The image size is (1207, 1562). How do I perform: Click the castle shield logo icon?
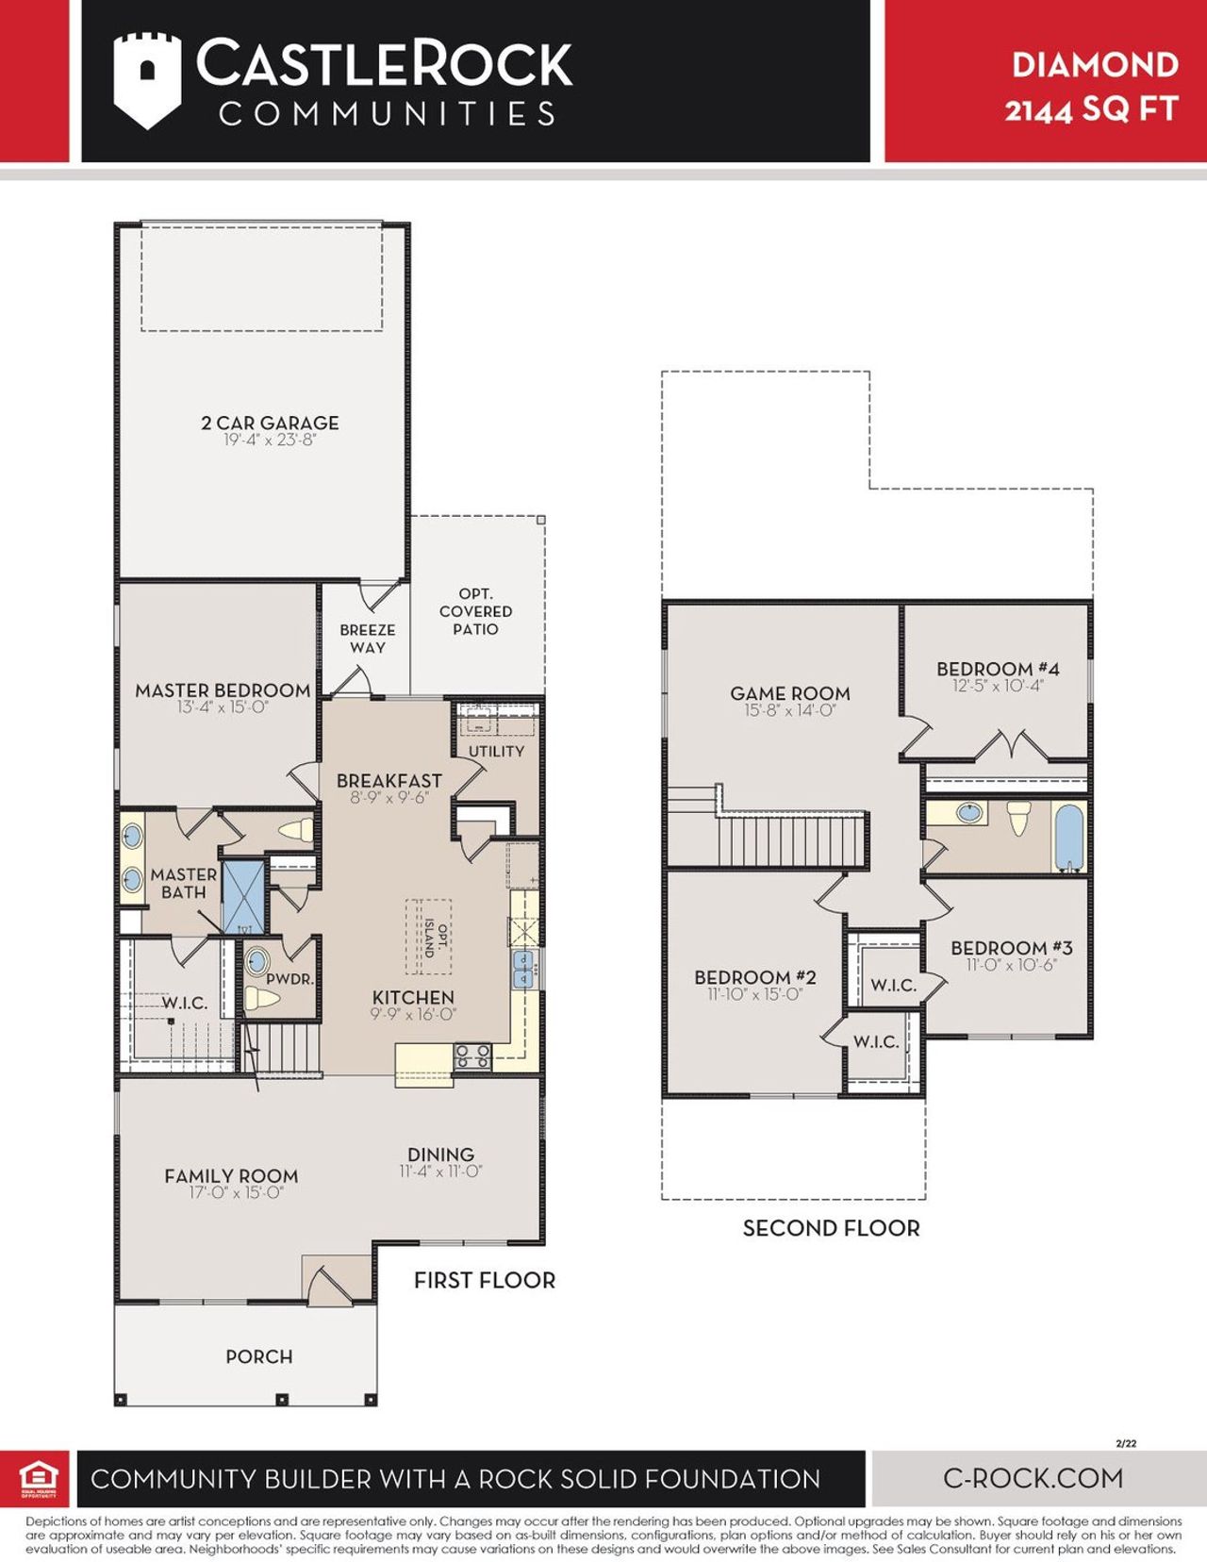(x=146, y=81)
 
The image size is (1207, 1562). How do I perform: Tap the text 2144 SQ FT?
(x=1091, y=109)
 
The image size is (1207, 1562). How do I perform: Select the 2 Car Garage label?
(x=270, y=423)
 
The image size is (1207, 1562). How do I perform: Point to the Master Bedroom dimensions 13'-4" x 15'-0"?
(x=223, y=707)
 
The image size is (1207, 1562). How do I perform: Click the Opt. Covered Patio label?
(x=475, y=611)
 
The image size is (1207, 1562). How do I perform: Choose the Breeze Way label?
(x=367, y=639)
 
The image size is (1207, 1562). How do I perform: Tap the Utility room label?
(x=496, y=751)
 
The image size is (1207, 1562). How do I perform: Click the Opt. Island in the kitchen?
(x=429, y=937)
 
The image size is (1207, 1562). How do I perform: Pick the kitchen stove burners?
(x=472, y=1055)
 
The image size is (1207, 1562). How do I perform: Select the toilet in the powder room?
(x=261, y=998)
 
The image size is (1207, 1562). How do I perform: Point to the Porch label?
(x=258, y=1356)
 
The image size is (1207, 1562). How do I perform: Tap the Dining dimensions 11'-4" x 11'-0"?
(x=440, y=1171)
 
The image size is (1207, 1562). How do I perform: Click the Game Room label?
(x=789, y=693)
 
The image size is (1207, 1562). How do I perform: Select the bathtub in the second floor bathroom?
(x=1069, y=836)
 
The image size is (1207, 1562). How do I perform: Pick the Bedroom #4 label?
(x=998, y=669)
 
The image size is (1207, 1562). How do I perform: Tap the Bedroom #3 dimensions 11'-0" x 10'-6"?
(x=1011, y=965)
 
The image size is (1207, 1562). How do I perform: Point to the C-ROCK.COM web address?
(x=1033, y=1478)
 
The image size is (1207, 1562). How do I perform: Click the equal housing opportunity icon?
(x=39, y=1478)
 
